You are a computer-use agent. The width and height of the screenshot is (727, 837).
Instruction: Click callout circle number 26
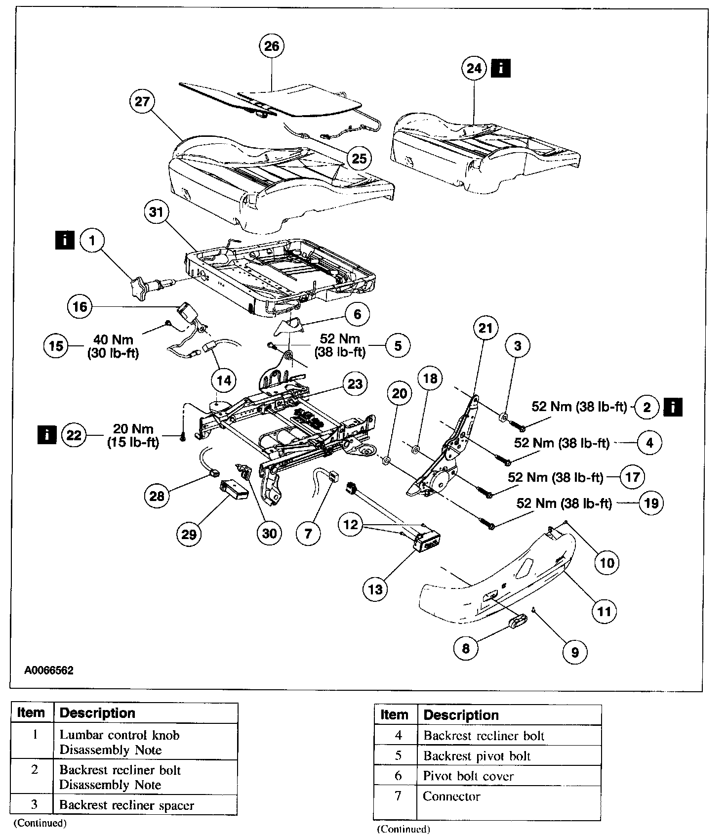272,46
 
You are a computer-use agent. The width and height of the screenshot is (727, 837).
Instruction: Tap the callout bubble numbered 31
156,212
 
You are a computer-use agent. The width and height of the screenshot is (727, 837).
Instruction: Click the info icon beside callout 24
501,68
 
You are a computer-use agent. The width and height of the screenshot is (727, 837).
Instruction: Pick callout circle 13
375,589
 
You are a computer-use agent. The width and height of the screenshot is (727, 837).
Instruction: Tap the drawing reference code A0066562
49,670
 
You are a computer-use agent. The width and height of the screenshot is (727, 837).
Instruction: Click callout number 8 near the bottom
466,648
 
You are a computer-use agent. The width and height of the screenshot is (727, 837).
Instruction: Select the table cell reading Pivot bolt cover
468,776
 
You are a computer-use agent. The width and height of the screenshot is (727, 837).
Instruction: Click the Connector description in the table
451,796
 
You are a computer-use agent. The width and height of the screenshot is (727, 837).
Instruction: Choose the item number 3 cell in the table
34,804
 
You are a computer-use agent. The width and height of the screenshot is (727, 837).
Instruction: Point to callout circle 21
485,328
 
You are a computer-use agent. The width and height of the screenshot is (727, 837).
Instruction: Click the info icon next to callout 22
47,435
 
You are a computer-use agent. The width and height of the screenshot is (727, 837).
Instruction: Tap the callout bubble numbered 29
189,534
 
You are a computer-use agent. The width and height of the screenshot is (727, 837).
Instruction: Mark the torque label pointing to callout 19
564,503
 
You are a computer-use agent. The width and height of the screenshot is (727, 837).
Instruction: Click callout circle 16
80,306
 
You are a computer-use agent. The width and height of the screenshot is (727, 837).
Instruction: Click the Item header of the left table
31,713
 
